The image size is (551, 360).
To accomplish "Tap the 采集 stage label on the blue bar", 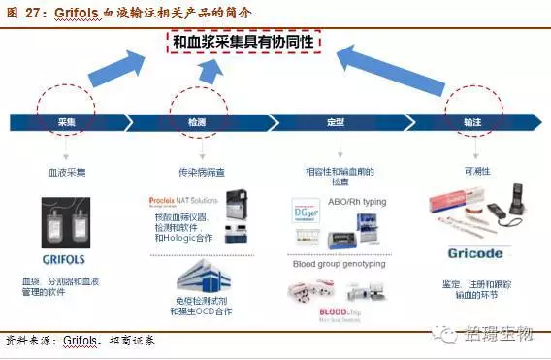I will [x=66, y=122].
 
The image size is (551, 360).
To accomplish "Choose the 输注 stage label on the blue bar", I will [x=472, y=122].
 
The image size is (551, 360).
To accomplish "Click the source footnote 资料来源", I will [x=29, y=341].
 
